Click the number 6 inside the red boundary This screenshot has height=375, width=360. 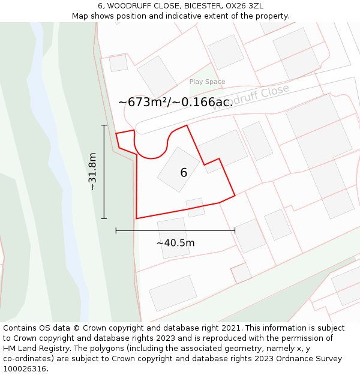[184, 173]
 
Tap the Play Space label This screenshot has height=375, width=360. [207, 82]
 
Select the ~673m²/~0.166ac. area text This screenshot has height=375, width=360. [175, 103]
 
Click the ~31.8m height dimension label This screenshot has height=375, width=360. [92, 172]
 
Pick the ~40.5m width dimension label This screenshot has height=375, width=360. [175, 243]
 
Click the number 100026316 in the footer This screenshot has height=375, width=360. [26, 369]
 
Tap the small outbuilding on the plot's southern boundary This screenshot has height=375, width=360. [195, 208]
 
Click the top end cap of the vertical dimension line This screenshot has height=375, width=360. [104, 125]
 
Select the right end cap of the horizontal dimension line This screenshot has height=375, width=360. [235, 230]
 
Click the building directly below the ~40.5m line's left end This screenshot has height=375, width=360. [173, 238]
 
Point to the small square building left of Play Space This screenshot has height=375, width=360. [118, 62]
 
